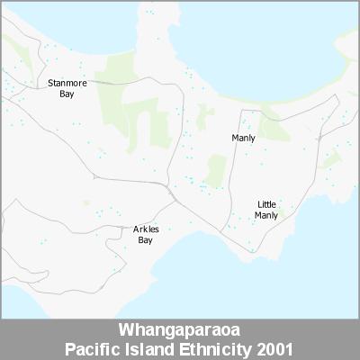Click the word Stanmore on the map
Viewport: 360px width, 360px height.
coord(67,83)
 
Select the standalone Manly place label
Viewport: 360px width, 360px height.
coord(243,138)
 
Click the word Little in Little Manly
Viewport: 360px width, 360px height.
coord(266,204)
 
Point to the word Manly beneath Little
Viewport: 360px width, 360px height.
coord(266,215)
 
